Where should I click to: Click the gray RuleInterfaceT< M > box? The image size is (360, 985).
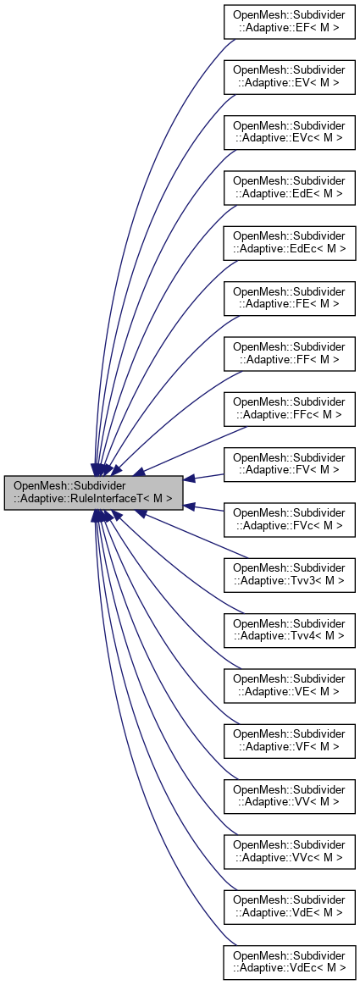(x=93, y=492)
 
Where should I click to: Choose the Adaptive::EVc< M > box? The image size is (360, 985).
(x=289, y=132)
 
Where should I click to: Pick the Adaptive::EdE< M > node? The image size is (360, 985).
(x=289, y=187)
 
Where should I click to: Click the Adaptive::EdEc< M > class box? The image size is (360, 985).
(x=289, y=241)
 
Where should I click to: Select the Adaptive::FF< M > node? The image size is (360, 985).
(x=289, y=352)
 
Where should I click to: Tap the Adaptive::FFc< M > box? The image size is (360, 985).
(x=289, y=407)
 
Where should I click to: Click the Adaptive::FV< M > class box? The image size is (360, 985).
(x=289, y=464)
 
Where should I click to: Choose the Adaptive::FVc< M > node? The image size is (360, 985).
(x=289, y=520)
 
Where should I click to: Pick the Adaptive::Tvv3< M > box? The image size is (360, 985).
(x=289, y=575)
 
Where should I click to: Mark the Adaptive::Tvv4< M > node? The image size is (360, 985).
(x=289, y=630)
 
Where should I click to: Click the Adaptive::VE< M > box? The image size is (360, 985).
(x=289, y=686)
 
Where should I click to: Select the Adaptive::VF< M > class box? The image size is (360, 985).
(x=289, y=740)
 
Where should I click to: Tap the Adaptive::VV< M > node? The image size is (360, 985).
(x=289, y=795)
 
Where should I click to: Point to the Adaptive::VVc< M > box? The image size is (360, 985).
(x=289, y=850)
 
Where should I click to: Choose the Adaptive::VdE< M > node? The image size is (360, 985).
(x=289, y=905)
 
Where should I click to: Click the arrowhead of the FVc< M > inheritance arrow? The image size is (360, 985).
(x=191, y=506)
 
